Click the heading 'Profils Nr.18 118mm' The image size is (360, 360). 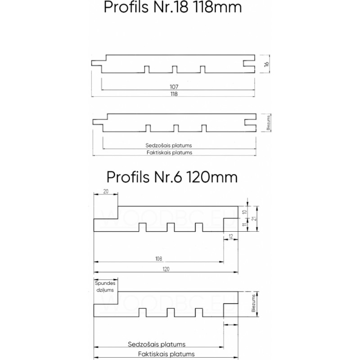172,8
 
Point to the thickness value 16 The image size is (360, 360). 266,64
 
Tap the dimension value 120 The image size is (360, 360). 166,269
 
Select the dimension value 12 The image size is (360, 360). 231,236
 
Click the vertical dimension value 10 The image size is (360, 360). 243,211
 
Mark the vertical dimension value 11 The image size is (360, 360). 243,224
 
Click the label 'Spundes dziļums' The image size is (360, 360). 106,288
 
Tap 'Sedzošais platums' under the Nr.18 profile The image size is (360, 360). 169,145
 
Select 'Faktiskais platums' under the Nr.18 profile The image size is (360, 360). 170,153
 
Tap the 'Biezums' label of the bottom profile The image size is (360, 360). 253,304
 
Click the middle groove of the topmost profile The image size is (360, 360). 174,69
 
